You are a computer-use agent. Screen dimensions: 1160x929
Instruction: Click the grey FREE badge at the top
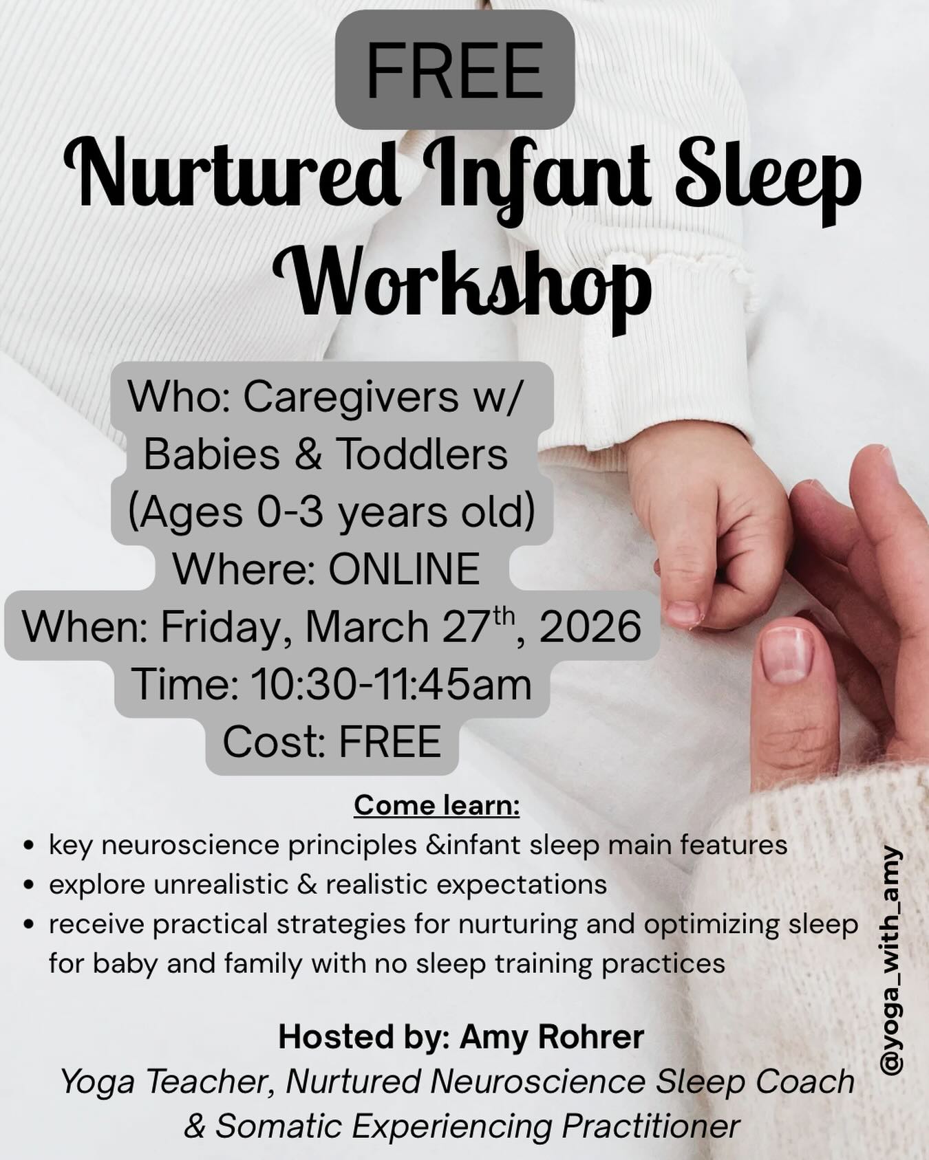click(454, 70)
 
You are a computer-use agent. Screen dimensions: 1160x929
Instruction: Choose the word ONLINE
click(404, 569)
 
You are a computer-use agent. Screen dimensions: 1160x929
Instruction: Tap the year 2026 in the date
click(590, 626)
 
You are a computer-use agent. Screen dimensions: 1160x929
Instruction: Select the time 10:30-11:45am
click(390, 684)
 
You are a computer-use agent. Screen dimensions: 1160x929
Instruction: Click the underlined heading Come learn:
click(437, 805)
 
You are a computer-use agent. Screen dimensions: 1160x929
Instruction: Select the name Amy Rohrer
click(552, 1037)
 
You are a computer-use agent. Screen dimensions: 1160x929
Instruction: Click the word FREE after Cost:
click(389, 742)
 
